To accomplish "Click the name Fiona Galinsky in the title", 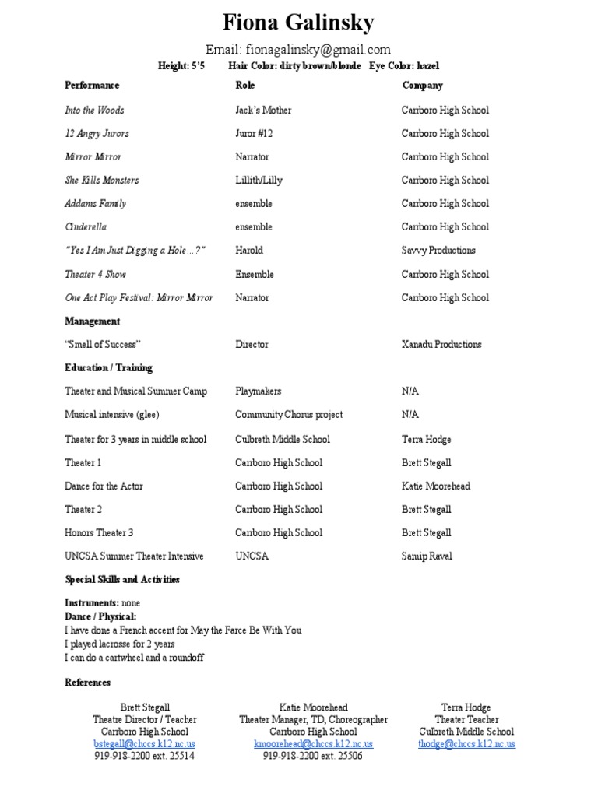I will [298, 23].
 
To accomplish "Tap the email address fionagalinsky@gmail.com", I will [298, 50].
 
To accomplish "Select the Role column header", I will [244, 85].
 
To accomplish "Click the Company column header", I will [422, 85].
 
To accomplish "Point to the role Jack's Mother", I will [263, 110].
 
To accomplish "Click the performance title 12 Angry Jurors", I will [97, 133].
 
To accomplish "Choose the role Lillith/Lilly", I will [259, 180].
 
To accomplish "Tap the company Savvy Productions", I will [438, 250].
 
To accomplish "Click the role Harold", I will [249, 250].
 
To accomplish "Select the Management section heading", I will [92, 321].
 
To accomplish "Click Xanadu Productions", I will [441, 344].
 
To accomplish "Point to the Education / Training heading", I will [108, 367].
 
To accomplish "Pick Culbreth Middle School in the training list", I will [283, 439].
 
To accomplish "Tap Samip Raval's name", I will [427, 556].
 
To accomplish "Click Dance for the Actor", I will [104, 486].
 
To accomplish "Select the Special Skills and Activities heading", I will [121, 579].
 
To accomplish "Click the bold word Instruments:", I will [92, 603].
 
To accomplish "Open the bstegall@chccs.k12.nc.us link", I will [144, 743].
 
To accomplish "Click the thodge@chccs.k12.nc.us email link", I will [466, 743].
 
